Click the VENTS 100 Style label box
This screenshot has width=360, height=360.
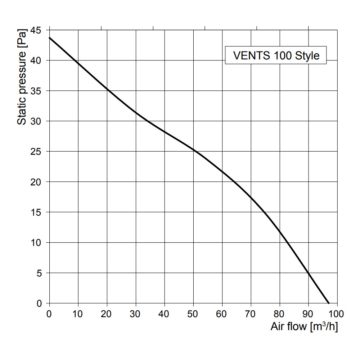(x=276, y=55)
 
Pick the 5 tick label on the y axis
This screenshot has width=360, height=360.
(x=40, y=273)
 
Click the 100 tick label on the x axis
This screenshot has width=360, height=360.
(x=337, y=313)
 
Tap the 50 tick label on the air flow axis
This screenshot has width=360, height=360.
(x=193, y=313)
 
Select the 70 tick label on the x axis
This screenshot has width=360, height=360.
(x=251, y=313)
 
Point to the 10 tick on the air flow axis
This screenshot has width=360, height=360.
(x=78, y=313)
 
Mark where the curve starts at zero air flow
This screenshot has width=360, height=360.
(x=49, y=37)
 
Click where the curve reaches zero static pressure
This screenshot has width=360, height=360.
(x=329, y=303)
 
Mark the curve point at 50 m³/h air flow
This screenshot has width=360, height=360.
(x=193, y=150)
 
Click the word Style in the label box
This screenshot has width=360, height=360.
(x=307, y=56)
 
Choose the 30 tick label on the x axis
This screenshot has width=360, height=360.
(x=136, y=313)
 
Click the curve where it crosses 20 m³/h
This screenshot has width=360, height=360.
(x=107, y=89)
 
